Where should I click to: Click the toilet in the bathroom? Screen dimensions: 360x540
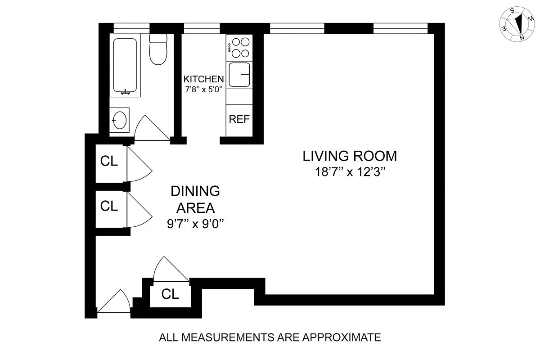tap(158, 50)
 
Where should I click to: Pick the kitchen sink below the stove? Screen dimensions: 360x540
tap(239, 75)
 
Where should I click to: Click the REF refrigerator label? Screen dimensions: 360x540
tap(239, 120)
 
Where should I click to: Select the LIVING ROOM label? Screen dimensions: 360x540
tap(350, 156)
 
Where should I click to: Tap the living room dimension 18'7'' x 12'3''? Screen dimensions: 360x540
tap(350, 171)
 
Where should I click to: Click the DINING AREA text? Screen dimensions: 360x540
tap(195, 199)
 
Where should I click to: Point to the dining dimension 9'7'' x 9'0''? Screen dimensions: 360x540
tap(195, 224)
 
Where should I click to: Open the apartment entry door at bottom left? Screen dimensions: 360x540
tap(113, 302)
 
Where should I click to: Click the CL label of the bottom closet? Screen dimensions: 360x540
tap(170, 294)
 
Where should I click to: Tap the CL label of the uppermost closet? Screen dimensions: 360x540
tap(109, 161)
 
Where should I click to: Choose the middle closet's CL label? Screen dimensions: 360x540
tap(109, 206)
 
